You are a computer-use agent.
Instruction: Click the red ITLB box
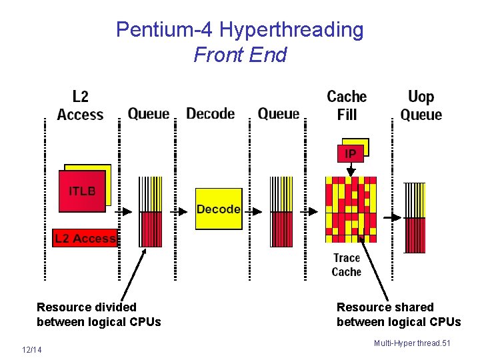pos(82,191)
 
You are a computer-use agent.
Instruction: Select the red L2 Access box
pos(85,239)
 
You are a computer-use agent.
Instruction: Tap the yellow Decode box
pos(218,209)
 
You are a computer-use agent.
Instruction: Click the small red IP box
pos(350,154)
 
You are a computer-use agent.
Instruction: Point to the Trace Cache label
pos(347,265)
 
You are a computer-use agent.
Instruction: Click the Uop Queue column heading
pos(421,106)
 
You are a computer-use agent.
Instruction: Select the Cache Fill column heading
pos(347,106)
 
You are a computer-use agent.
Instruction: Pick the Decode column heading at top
pos(211,114)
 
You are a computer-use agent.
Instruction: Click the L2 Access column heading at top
pos(80,106)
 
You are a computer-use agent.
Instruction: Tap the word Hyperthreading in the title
pos(292,30)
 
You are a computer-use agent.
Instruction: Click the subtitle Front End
pos(240,55)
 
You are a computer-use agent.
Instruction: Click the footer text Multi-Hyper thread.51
pos(412,343)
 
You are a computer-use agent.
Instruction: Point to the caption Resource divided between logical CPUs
pos(99,315)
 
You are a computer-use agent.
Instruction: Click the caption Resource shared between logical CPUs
pos(399,315)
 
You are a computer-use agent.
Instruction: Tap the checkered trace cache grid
pos(351,209)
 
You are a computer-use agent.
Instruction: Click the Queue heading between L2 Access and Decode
pos(149,114)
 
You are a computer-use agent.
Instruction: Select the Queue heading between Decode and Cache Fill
pos(279,114)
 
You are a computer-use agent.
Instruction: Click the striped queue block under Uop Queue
pos(415,217)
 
